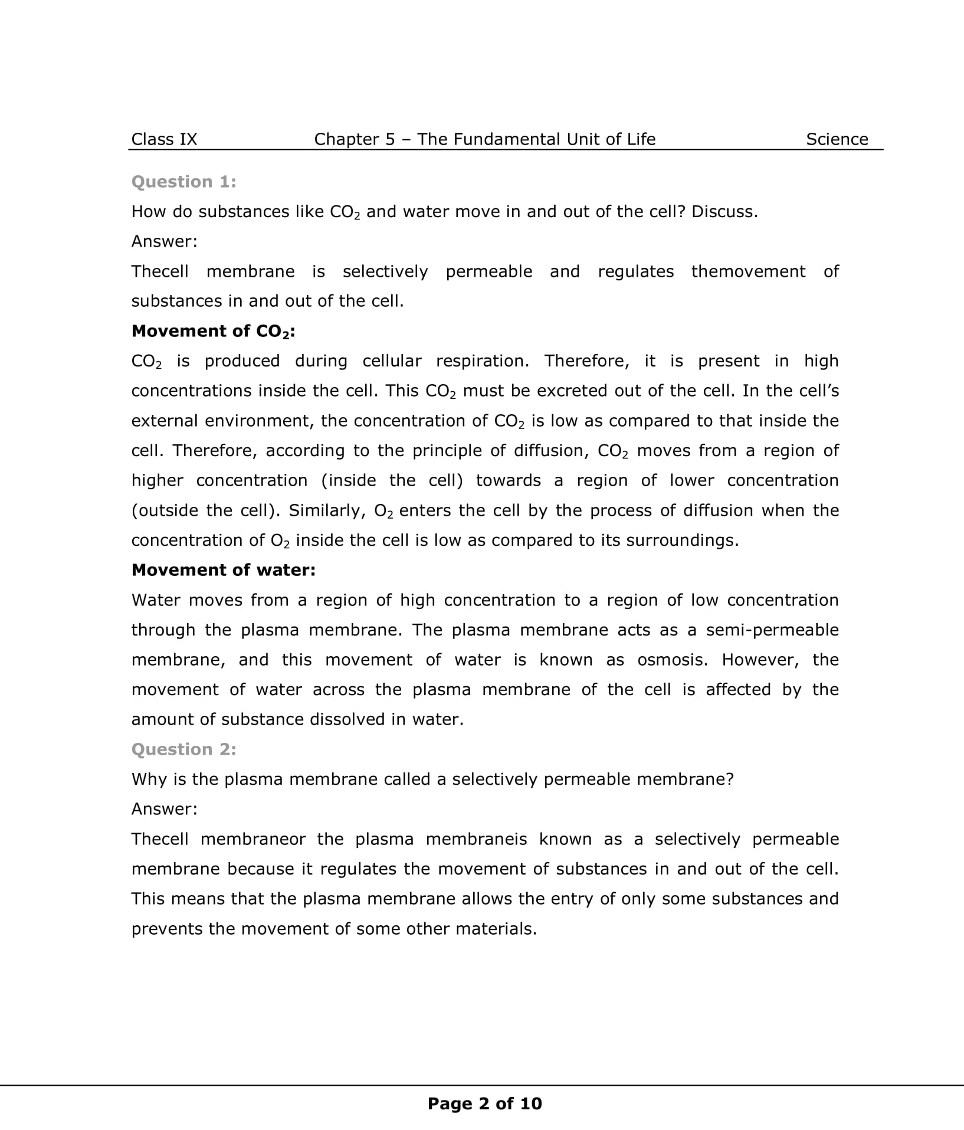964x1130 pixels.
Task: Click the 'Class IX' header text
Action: tap(164, 139)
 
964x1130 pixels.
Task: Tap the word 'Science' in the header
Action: tap(837, 139)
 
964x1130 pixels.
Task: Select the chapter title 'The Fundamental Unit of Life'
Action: tap(536, 139)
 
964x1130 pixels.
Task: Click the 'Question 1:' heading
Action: tap(183, 182)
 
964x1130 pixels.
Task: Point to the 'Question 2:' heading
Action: tap(183, 749)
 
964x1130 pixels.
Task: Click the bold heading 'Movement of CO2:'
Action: tap(213, 332)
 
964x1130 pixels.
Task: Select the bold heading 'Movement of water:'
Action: tap(224, 570)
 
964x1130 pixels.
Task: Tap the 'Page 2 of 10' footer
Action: tap(484, 1103)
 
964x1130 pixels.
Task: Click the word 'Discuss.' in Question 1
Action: tap(724, 212)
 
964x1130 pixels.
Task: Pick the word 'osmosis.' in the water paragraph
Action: tap(672, 660)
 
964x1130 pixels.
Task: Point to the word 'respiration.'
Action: tap(483, 361)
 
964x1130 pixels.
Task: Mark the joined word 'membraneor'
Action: tap(253, 839)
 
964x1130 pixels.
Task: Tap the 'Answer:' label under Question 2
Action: tap(164, 809)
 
